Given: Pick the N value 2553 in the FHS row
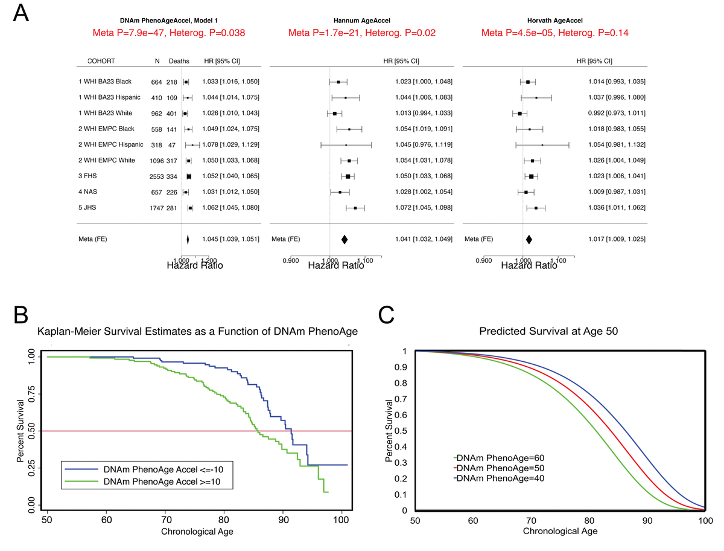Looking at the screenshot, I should click(154, 176).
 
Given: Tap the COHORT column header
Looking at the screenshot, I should click(101, 61).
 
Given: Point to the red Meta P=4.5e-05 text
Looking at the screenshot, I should click(555, 33).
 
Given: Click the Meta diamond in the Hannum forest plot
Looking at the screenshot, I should click(345, 239).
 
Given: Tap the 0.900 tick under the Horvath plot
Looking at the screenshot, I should click(483, 260).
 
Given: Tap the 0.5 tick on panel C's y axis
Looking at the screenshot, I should click(406, 431).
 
